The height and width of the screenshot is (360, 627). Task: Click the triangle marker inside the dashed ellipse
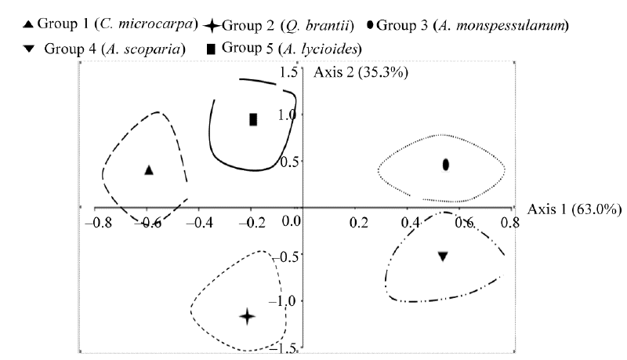tap(149, 169)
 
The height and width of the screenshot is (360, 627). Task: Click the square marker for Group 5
tap(253, 119)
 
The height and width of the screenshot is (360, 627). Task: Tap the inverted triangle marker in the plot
tap(443, 256)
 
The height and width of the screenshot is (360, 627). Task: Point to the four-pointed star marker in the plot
tap(247, 317)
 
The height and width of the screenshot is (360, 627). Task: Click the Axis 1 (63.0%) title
tap(575, 209)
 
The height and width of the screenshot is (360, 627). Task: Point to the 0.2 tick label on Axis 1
tap(359, 222)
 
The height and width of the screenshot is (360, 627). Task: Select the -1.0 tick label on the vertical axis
tap(286, 301)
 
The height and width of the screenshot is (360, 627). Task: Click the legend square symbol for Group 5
tap(211, 49)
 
